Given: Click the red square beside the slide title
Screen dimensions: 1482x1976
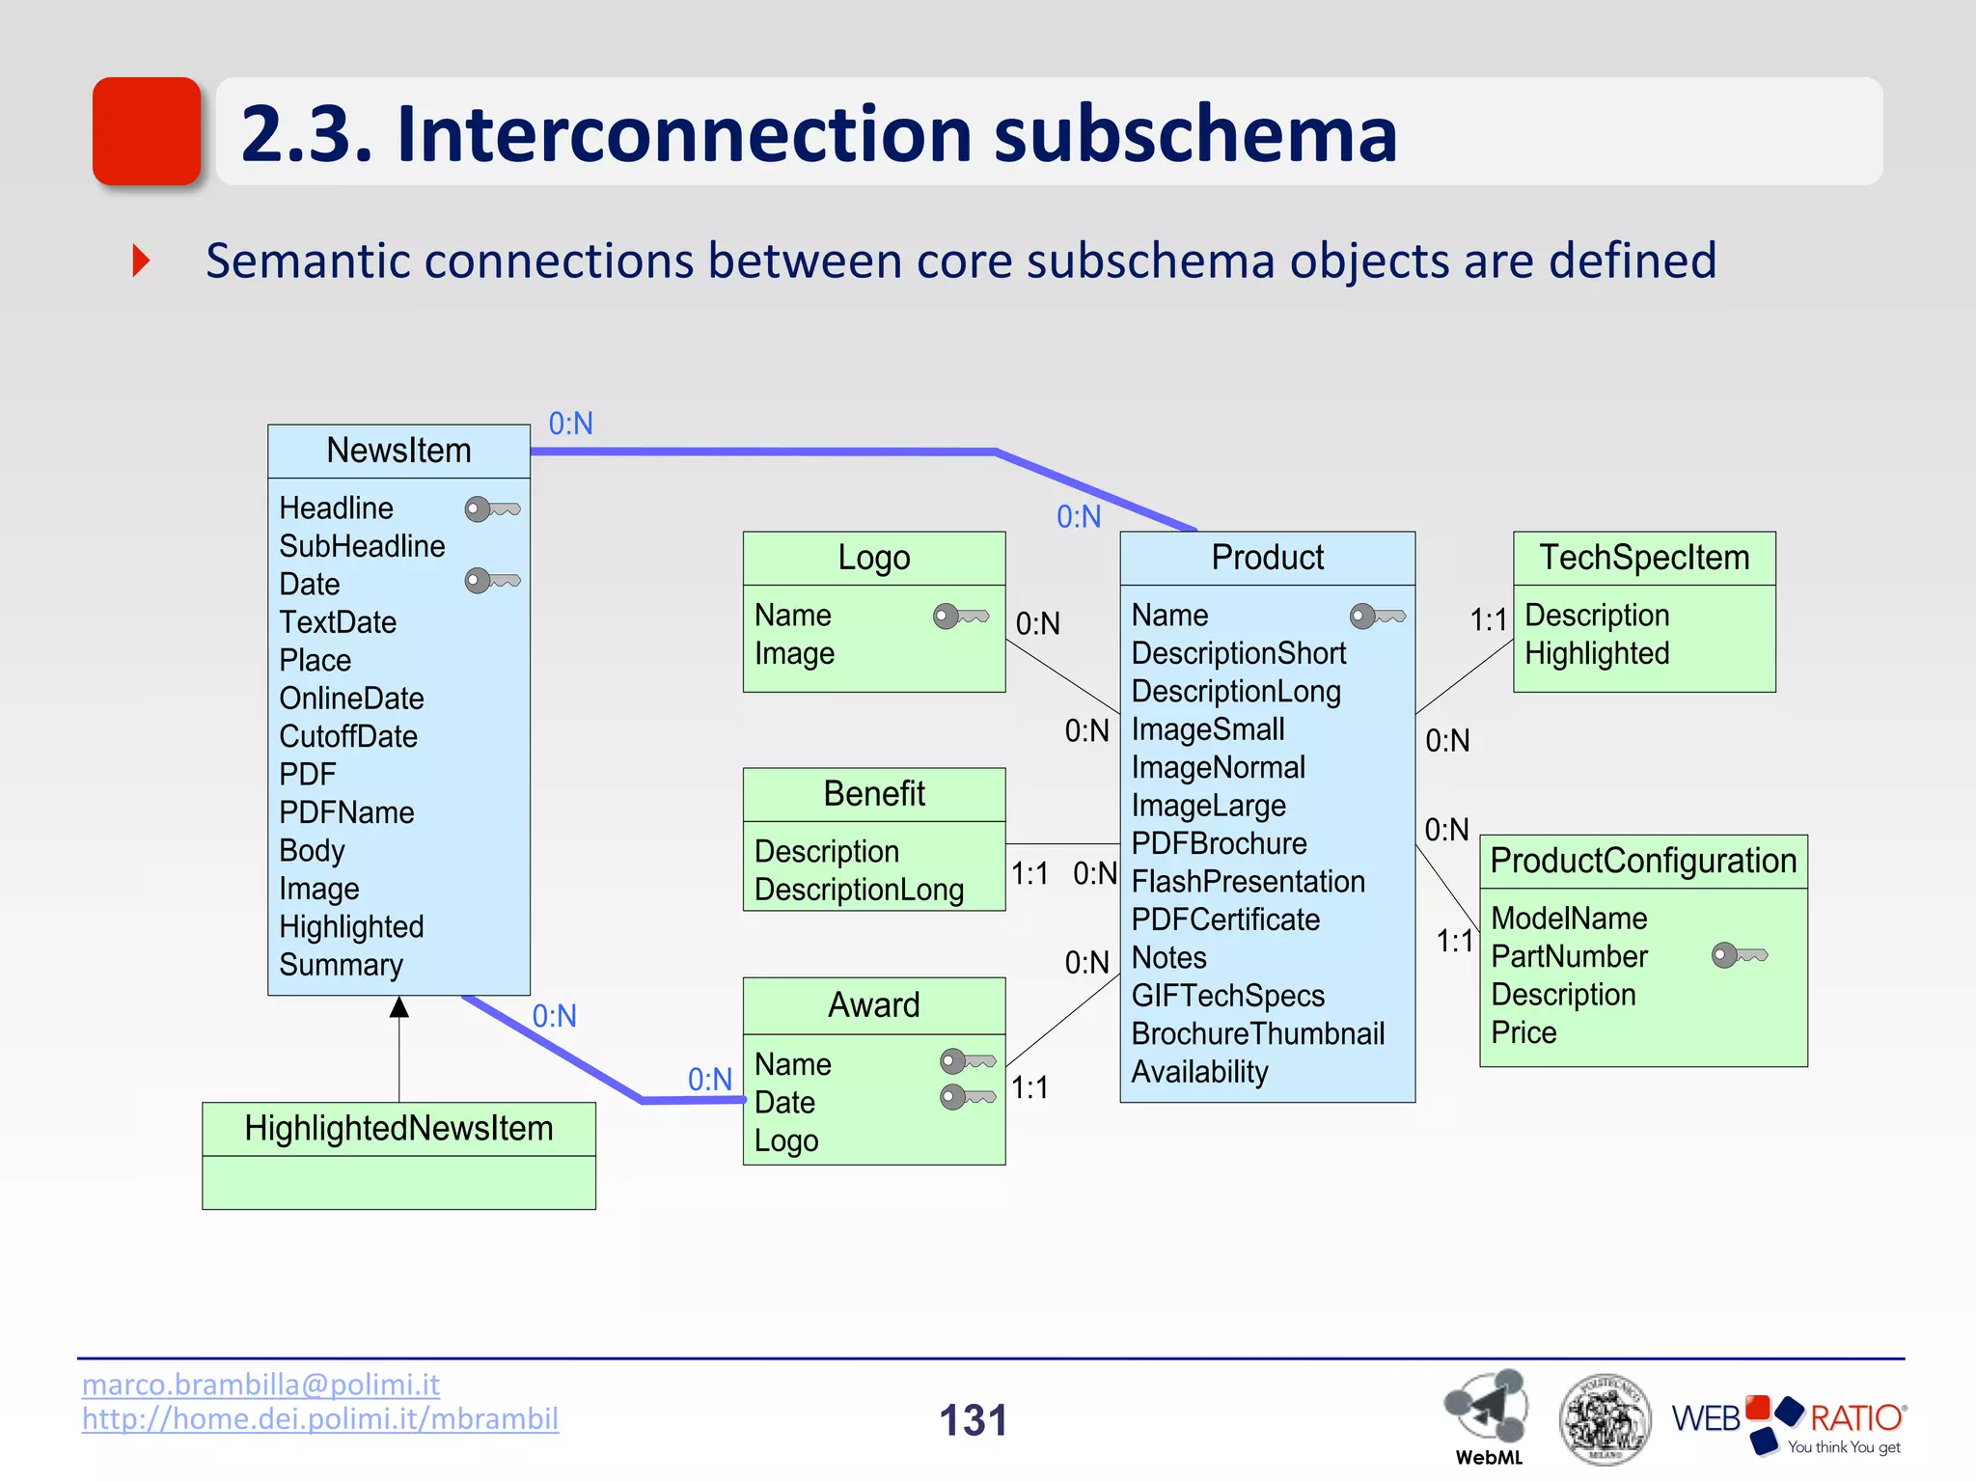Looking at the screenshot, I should [x=147, y=131].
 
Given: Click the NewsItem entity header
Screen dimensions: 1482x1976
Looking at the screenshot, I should [x=398, y=451].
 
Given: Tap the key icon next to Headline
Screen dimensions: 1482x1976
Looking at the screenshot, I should [x=492, y=508].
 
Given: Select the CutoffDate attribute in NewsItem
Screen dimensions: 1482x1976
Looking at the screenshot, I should [x=348, y=736].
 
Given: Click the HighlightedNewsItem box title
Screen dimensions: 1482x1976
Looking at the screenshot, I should [x=398, y=1128].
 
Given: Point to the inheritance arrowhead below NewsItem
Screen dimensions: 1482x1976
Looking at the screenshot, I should [x=399, y=1008].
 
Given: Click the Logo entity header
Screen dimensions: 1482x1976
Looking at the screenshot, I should [x=873, y=558].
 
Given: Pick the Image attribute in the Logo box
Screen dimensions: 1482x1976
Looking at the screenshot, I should [x=794, y=653].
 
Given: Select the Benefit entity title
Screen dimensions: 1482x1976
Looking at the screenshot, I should [x=873, y=794].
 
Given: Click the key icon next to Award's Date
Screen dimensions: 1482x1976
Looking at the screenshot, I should [x=968, y=1097].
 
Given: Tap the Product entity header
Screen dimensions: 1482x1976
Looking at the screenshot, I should [x=1267, y=558].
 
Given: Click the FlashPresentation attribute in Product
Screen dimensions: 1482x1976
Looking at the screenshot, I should [x=1248, y=881].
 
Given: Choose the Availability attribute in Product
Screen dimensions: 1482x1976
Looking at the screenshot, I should [x=1199, y=1072].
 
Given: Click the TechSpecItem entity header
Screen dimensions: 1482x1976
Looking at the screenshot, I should [x=1644, y=558].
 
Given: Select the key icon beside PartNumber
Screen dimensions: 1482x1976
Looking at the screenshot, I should [x=1739, y=955].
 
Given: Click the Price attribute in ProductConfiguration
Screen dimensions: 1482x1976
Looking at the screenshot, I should [x=1523, y=1032].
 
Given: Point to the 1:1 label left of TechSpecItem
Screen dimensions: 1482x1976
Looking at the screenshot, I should [x=1488, y=619].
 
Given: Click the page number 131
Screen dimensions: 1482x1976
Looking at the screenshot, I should [x=973, y=1420].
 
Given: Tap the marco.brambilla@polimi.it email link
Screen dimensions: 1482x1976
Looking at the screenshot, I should [x=261, y=1385].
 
